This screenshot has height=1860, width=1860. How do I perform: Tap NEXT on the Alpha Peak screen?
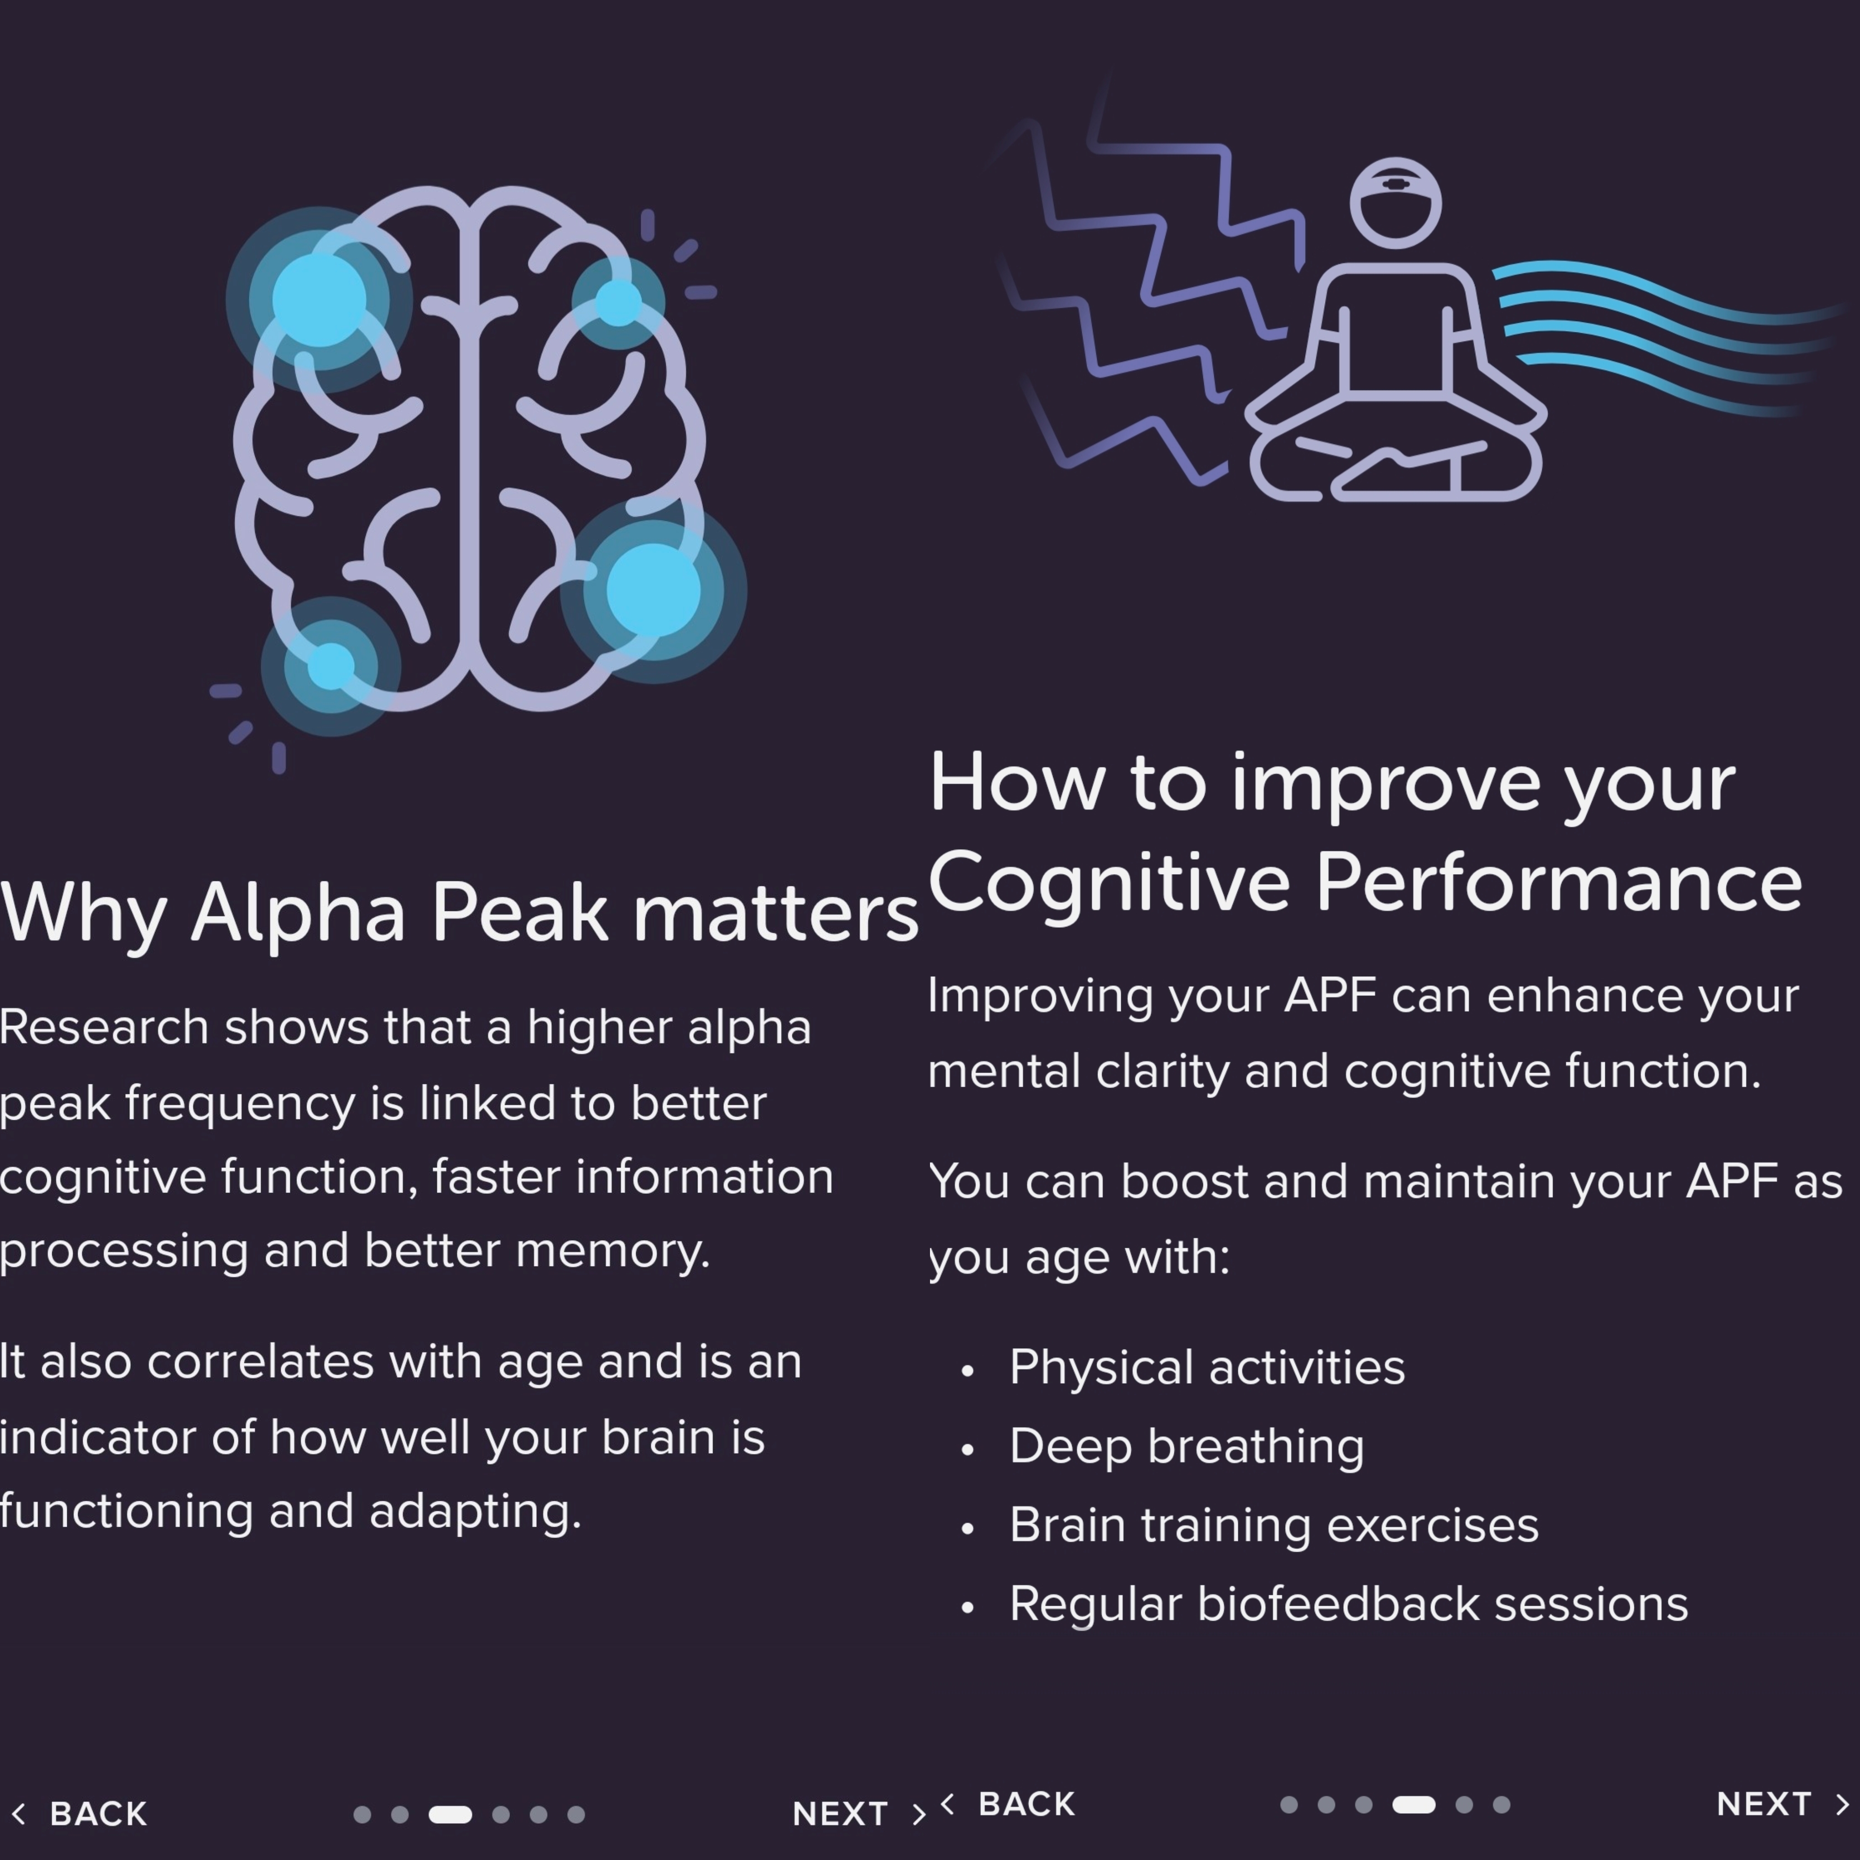[840, 1814]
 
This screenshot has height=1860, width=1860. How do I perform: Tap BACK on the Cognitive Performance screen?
[1026, 1804]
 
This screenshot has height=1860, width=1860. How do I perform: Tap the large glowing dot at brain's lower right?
[654, 590]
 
